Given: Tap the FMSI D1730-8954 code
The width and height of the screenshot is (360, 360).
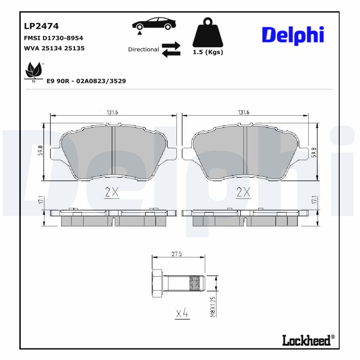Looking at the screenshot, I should tap(53, 38).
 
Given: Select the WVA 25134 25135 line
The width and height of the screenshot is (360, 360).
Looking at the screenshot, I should tap(54, 48).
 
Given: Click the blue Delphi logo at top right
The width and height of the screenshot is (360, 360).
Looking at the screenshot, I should tap(292, 35).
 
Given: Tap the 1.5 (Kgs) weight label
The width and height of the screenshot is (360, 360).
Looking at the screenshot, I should tap(208, 52).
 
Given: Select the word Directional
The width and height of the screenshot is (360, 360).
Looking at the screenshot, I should tap(144, 49).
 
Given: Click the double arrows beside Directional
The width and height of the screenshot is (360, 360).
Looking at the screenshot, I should tap(171, 49).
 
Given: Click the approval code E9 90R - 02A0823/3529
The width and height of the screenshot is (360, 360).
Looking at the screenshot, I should tap(86, 81).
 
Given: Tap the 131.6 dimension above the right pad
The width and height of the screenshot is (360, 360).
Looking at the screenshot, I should tap(243, 112).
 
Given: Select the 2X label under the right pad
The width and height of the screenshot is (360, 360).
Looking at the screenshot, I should tap(243, 192).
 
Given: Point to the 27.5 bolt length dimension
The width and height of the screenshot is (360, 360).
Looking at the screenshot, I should tap(177, 254).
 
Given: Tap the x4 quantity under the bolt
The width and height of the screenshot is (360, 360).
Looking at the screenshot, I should tap(181, 313).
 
